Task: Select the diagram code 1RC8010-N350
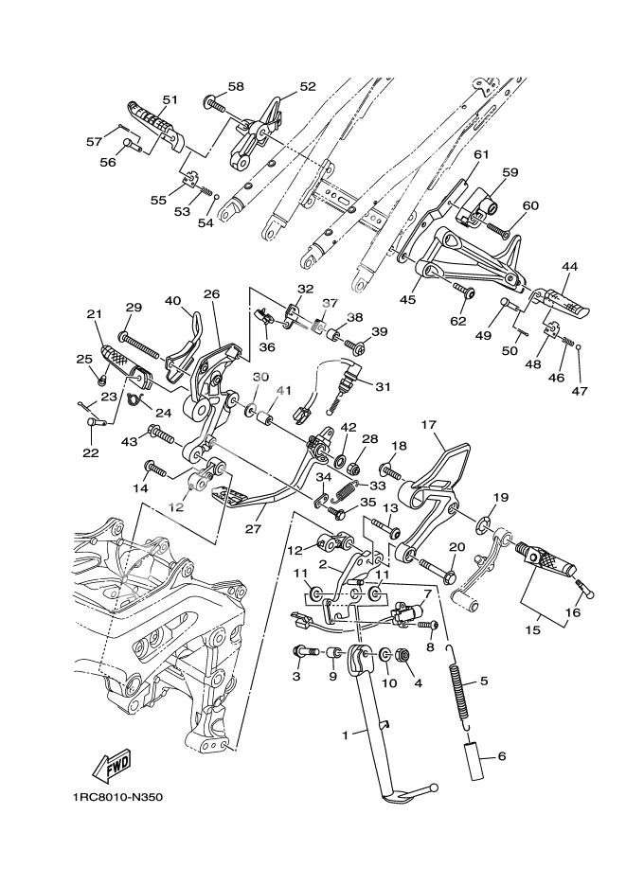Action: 116,796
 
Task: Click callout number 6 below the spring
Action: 502,755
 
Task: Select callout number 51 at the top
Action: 170,98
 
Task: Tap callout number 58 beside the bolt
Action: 235,87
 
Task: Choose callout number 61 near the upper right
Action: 480,155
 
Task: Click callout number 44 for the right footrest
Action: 569,267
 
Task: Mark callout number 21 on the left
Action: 93,315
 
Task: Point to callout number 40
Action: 172,301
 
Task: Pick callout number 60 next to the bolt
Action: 530,205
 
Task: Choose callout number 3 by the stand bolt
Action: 295,677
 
